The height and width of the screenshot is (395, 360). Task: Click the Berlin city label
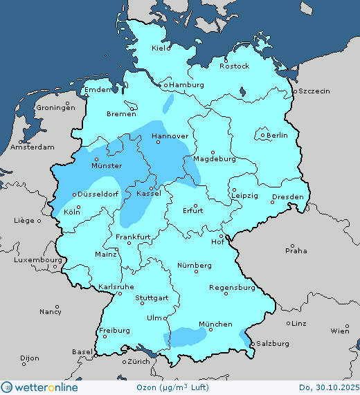point(278,136)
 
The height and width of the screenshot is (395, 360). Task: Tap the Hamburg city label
point(186,85)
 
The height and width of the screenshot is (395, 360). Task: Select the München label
point(215,324)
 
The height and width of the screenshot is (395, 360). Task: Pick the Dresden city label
point(287,197)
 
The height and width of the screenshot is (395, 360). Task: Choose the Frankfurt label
point(133,237)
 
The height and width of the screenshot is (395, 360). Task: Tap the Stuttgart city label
point(152,298)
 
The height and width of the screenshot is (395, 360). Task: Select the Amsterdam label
point(33,147)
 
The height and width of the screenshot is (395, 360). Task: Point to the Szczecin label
point(314,91)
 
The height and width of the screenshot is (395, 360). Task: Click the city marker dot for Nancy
point(56,306)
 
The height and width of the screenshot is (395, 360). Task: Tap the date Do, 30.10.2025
point(328,388)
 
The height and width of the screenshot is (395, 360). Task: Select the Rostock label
point(234,66)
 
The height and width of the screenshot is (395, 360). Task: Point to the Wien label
point(340,331)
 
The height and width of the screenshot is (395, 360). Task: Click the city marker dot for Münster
point(96,159)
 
